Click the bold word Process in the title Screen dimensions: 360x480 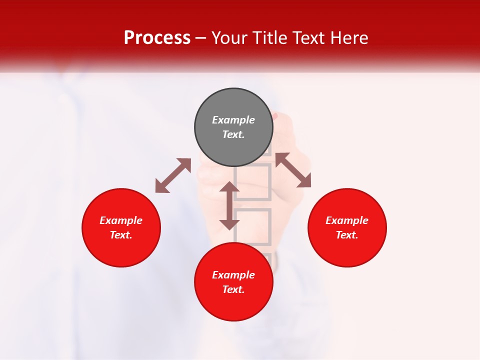(x=157, y=38)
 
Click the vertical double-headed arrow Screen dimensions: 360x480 (x=229, y=205)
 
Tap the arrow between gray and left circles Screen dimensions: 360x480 (x=173, y=175)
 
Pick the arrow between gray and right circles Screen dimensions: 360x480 (x=293, y=170)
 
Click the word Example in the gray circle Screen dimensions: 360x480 (x=233, y=120)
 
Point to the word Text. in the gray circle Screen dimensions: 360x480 (x=233, y=134)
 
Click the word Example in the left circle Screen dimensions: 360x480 (x=121, y=220)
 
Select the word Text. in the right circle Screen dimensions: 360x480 (x=347, y=235)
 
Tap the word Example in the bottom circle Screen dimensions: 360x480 (x=233, y=275)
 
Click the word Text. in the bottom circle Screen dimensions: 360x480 (x=233, y=289)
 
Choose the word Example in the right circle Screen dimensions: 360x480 (x=347, y=220)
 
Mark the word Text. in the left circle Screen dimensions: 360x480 (x=121, y=235)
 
